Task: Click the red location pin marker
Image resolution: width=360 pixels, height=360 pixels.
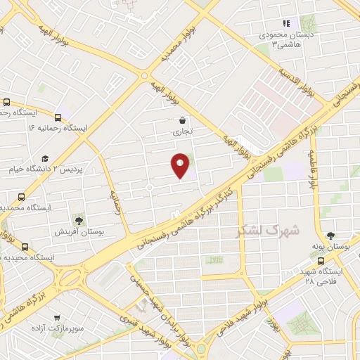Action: coord(180,166)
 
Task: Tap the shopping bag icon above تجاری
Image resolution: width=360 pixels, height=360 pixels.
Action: coord(183,120)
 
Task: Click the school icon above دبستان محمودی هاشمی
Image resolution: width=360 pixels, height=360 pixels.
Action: coord(285,21)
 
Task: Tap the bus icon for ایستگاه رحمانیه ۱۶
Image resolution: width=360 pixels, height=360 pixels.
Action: coord(58,116)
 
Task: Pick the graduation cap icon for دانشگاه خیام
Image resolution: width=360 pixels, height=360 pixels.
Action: coord(45,159)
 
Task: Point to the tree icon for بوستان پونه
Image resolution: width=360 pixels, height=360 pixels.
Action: coord(330,236)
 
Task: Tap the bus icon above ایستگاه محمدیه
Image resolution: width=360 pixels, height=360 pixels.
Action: coord(20,197)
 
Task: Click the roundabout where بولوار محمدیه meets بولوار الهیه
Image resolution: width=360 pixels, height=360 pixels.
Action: coord(144,76)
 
